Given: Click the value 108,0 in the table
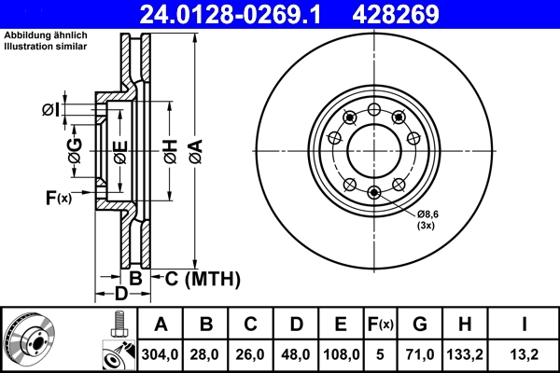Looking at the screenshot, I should (341, 355).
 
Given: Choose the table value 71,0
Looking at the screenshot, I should (421, 355).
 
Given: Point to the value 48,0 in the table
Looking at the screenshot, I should (296, 355).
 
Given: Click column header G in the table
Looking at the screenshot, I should (421, 325).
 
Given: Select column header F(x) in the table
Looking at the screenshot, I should (381, 325).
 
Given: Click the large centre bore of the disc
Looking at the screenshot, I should (373, 149).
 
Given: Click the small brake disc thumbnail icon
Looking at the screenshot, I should (30, 339).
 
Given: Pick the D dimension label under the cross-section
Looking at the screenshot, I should (120, 296).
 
